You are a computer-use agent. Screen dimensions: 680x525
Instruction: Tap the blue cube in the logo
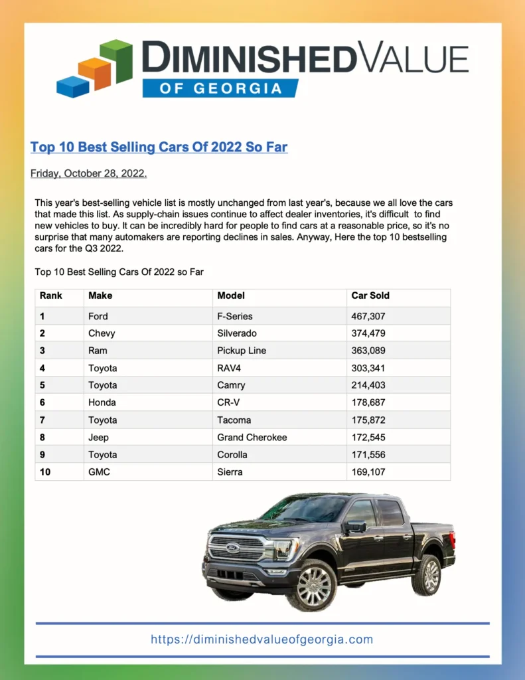pyautogui.click(x=72, y=86)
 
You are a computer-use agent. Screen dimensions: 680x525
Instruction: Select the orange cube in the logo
pyautogui.click(x=94, y=73)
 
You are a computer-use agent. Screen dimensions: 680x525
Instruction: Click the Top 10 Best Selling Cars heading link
pyautogui.click(x=159, y=147)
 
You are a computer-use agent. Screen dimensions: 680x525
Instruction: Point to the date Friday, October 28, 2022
pyautogui.click(x=88, y=174)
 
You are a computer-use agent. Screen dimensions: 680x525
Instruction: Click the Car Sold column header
pyautogui.click(x=370, y=296)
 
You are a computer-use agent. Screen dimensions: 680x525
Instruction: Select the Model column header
pyautogui.click(x=231, y=296)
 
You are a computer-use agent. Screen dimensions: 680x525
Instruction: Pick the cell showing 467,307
pyautogui.click(x=368, y=316)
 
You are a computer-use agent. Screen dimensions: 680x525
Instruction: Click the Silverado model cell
pyautogui.click(x=237, y=333)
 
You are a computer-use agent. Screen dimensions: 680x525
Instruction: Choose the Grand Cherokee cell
pyautogui.click(x=252, y=438)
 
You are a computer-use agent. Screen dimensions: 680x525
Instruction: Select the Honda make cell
pyautogui.click(x=102, y=402)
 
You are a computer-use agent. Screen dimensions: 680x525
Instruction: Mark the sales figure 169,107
pyautogui.click(x=368, y=472)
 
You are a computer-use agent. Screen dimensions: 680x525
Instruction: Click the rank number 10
pyautogui.click(x=45, y=472)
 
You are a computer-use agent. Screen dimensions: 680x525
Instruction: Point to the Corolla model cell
pyautogui.click(x=232, y=455)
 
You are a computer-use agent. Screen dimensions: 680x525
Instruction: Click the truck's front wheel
pyautogui.click(x=312, y=584)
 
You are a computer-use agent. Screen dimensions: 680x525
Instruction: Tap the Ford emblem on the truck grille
pyautogui.click(x=233, y=548)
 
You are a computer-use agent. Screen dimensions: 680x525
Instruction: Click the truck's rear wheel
pyautogui.click(x=426, y=574)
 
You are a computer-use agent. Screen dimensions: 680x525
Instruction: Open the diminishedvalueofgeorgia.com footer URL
pyautogui.click(x=262, y=639)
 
